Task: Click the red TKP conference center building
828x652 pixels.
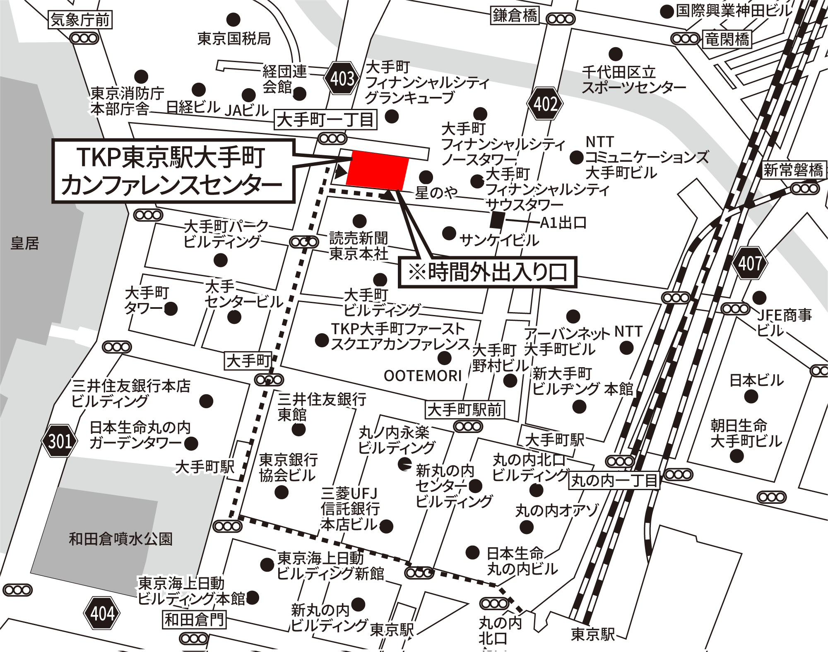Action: (377, 170)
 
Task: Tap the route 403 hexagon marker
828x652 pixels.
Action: (342, 78)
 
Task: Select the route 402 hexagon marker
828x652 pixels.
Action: (545, 103)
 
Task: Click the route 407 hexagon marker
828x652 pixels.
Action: (750, 263)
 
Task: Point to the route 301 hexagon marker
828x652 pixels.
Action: (60, 440)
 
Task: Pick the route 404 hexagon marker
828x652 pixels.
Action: (102, 613)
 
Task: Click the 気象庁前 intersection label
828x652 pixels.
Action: (80, 20)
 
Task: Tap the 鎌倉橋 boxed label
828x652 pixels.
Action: (515, 15)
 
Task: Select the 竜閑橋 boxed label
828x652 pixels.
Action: (727, 39)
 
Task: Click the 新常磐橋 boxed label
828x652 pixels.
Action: (793, 170)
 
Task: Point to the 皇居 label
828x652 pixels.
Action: (25, 243)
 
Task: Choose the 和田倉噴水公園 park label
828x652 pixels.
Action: (120, 539)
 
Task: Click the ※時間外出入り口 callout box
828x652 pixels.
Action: (487, 272)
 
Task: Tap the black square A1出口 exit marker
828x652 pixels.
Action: (497, 220)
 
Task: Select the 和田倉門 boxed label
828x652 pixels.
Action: (194, 620)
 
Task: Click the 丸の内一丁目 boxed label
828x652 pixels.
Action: (614, 480)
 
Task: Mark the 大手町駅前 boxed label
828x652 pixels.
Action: (465, 410)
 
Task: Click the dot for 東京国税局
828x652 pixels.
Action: (233, 19)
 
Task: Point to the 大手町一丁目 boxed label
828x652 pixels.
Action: (326, 120)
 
